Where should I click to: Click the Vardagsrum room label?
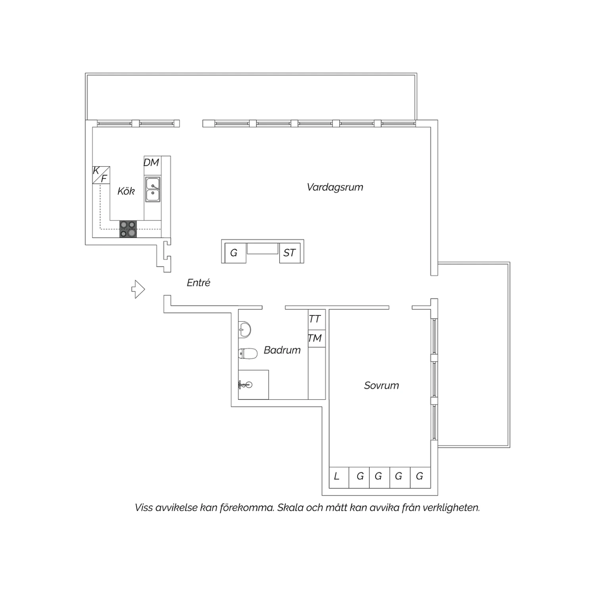(335, 187)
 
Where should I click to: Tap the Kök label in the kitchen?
(126, 191)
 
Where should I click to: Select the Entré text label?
(198, 282)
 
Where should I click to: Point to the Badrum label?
(282, 350)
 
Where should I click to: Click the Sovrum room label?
(381, 385)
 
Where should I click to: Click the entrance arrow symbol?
(138, 289)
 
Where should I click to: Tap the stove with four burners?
(128, 229)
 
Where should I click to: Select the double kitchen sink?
(153, 190)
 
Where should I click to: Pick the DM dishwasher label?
(151, 162)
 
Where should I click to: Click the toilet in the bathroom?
(248, 353)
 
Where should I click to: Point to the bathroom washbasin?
(244, 329)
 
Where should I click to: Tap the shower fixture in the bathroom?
(245, 384)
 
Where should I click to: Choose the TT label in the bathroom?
(315, 319)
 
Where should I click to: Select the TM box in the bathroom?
(317, 338)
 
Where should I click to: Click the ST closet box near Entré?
(290, 253)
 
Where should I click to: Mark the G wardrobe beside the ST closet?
(235, 253)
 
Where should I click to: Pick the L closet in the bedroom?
(339, 477)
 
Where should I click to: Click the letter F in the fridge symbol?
(104, 179)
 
